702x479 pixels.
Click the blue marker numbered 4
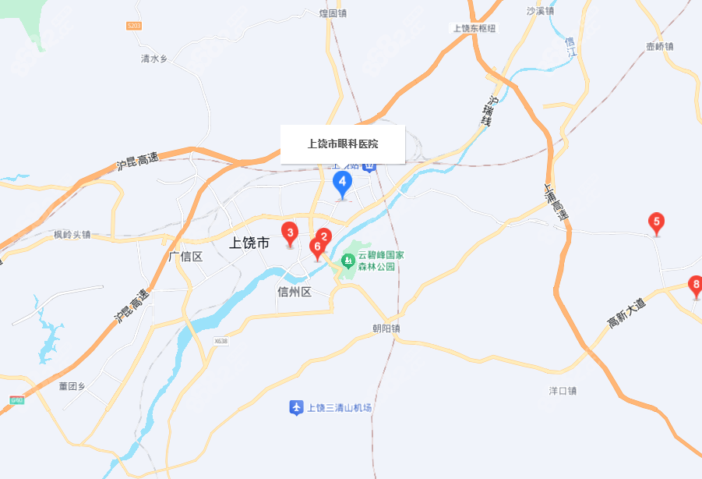[342, 183]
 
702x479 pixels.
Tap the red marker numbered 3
[290, 232]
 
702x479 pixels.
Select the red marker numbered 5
[657, 223]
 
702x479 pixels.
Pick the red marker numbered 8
[697, 285]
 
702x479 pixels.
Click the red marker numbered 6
[316, 247]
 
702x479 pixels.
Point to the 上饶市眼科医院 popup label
[343, 144]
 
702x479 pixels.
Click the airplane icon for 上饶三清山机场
[296, 407]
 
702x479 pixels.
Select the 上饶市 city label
[249, 243]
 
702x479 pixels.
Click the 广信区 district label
[185, 257]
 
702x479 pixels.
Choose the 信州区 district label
[295, 292]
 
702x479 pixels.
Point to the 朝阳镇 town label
[386, 329]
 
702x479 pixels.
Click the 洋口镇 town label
[562, 391]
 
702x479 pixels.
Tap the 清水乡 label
[154, 59]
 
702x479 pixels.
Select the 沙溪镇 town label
[540, 11]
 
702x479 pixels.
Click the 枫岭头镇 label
[72, 234]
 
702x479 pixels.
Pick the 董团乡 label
[72, 385]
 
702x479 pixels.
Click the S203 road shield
[133, 27]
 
